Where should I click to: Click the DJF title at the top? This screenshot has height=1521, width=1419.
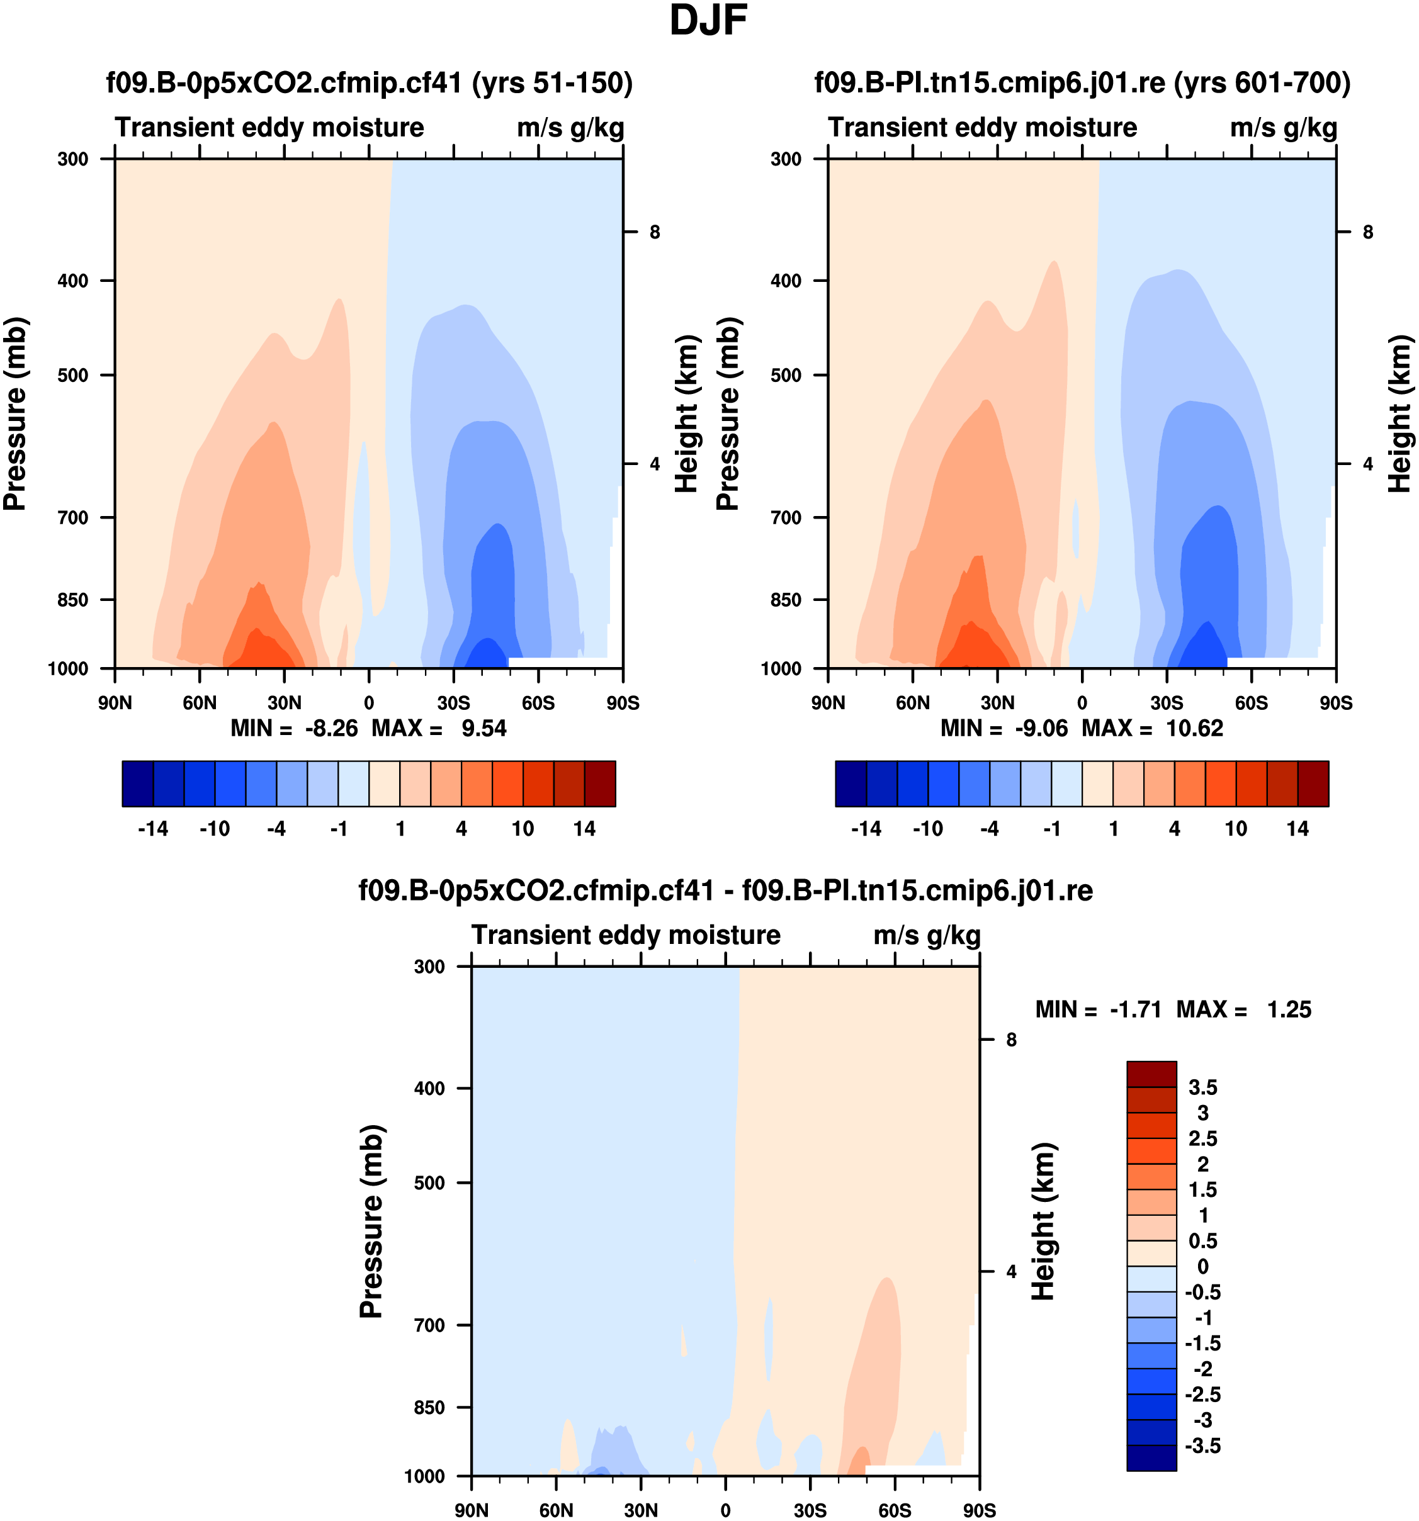708,21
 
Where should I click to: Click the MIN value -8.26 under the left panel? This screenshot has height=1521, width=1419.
331,728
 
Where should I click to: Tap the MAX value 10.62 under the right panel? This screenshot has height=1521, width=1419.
1194,728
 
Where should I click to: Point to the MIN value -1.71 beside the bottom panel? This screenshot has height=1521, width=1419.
1136,1010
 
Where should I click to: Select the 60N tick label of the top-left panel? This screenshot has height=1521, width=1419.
199,703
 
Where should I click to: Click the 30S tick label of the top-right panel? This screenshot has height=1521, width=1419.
1167,703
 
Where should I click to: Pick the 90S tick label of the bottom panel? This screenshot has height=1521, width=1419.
979,1510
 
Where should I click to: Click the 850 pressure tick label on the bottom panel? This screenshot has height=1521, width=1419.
429,1408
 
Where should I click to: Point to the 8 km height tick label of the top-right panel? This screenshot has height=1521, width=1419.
1368,232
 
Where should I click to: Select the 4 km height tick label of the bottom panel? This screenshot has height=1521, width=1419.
1011,1272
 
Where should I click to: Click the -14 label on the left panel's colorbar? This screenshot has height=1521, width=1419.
153,829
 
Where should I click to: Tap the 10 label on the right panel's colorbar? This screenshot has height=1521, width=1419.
1236,829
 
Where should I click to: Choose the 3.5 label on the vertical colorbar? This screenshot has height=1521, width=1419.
1202,1087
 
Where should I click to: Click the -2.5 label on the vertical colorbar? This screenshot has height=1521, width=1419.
1202,1394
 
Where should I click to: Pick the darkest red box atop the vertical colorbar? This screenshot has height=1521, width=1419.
1151,1074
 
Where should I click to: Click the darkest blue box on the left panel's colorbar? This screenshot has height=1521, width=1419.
138,783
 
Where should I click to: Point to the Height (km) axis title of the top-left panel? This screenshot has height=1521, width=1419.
687,413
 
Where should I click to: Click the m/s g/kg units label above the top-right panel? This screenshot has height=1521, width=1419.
1284,128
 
